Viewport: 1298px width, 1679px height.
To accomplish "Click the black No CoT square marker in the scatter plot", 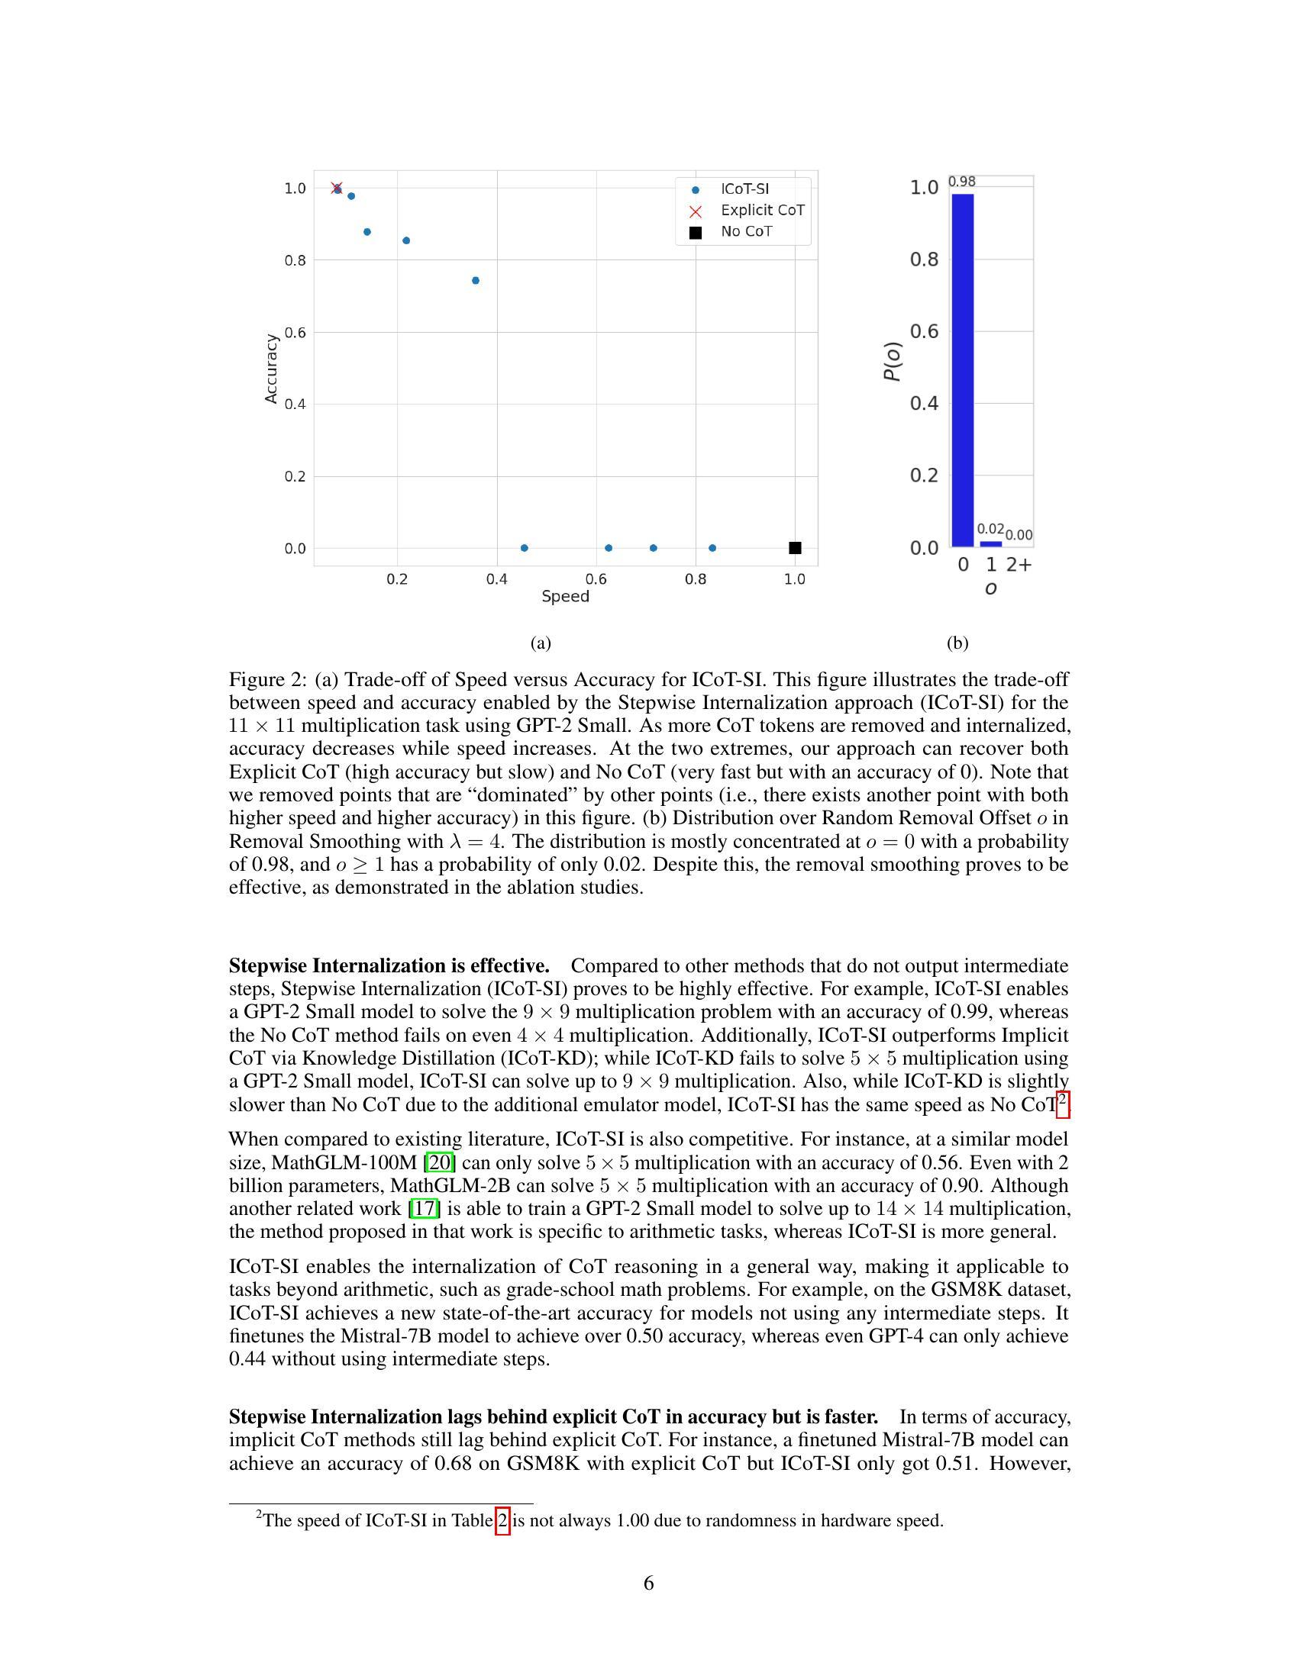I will [795, 548].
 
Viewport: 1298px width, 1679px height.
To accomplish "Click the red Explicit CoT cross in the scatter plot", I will [336, 188].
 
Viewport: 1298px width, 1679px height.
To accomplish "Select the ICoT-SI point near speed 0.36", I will [475, 281].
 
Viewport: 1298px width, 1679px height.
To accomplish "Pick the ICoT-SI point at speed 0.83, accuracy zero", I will [712, 548].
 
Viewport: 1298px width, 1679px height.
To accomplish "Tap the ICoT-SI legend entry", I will [744, 189].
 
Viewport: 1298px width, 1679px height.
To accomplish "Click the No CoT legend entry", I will [745, 231].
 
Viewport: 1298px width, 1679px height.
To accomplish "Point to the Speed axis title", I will [565, 597].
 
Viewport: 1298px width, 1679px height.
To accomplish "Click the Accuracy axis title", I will [271, 369].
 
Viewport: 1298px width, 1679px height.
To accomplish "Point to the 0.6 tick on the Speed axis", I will [596, 579].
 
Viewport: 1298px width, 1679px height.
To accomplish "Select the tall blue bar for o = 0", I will [962, 369].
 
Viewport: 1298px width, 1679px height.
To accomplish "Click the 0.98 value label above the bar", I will [962, 182].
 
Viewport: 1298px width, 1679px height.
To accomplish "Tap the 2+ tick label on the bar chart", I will [1019, 565].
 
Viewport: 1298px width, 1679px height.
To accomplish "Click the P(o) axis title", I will [892, 361].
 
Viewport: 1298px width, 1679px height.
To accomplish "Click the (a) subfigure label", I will [541, 643].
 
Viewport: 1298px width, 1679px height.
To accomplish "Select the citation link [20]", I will [441, 1162].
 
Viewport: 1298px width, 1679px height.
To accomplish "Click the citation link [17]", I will [425, 1208].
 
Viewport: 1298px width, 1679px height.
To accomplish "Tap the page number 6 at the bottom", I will [648, 1583].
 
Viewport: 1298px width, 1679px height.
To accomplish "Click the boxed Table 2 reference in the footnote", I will [502, 1519].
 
